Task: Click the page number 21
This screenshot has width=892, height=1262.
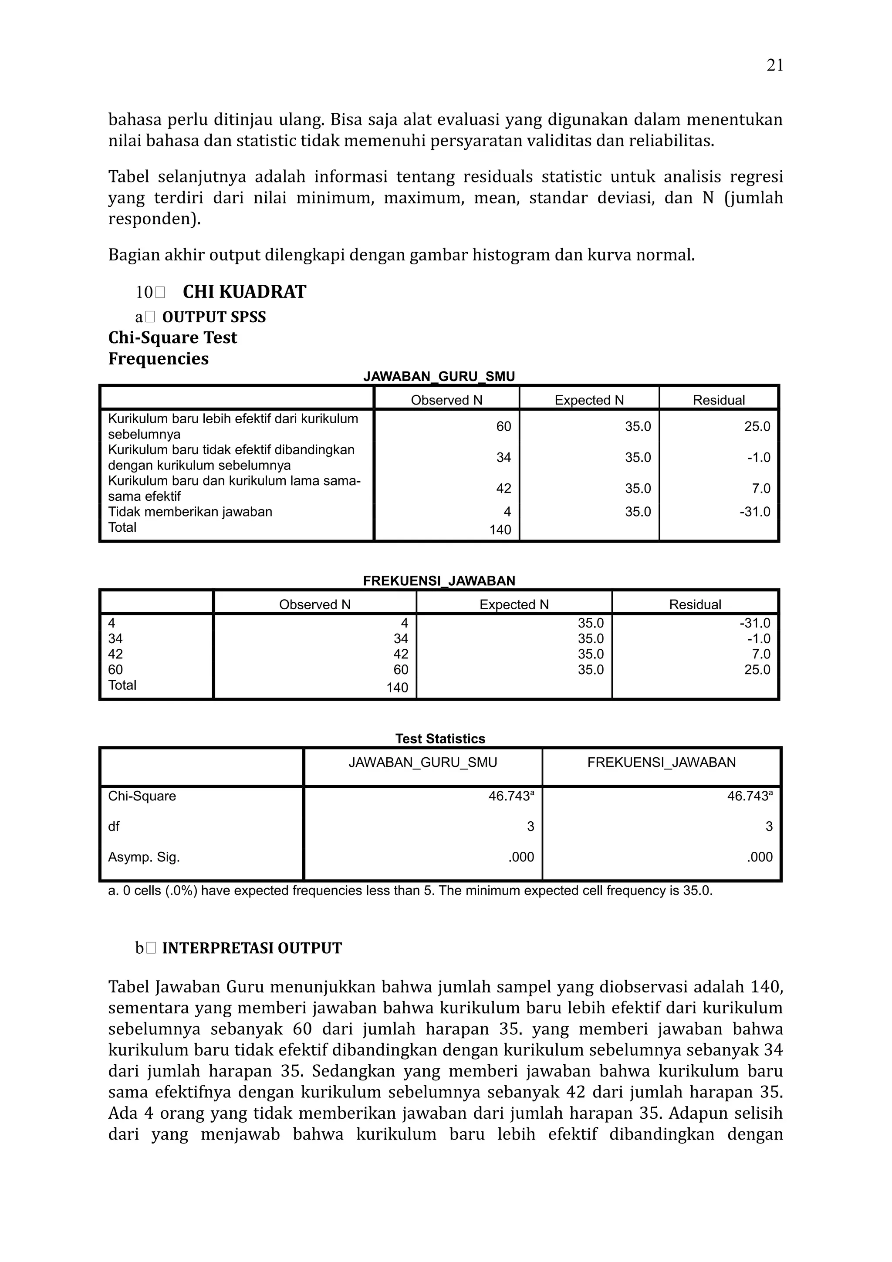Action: pos(774,65)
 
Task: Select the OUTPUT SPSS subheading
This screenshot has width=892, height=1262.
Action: pos(214,317)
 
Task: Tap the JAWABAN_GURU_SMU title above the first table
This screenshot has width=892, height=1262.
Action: pos(439,377)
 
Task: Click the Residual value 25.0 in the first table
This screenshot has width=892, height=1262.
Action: pos(757,426)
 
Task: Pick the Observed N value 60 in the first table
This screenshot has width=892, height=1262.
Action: pos(503,426)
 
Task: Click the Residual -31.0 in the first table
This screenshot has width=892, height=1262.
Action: pos(755,512)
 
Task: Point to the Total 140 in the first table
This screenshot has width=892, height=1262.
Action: pos(500,530)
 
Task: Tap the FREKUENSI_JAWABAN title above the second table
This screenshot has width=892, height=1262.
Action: pos(439,581)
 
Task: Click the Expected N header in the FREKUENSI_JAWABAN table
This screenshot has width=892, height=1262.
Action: pos(514,604)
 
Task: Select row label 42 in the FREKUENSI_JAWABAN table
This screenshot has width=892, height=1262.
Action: pos(115,654)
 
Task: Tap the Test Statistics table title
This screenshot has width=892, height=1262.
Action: pos(439,739)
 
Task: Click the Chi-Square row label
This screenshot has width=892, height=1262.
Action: pos(142,796)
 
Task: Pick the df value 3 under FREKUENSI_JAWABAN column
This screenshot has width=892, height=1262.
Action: pos(768,827)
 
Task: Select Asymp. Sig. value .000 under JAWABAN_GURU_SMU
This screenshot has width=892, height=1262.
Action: pos(521,857)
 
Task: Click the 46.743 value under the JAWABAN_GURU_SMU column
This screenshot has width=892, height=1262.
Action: pos(510,796)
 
